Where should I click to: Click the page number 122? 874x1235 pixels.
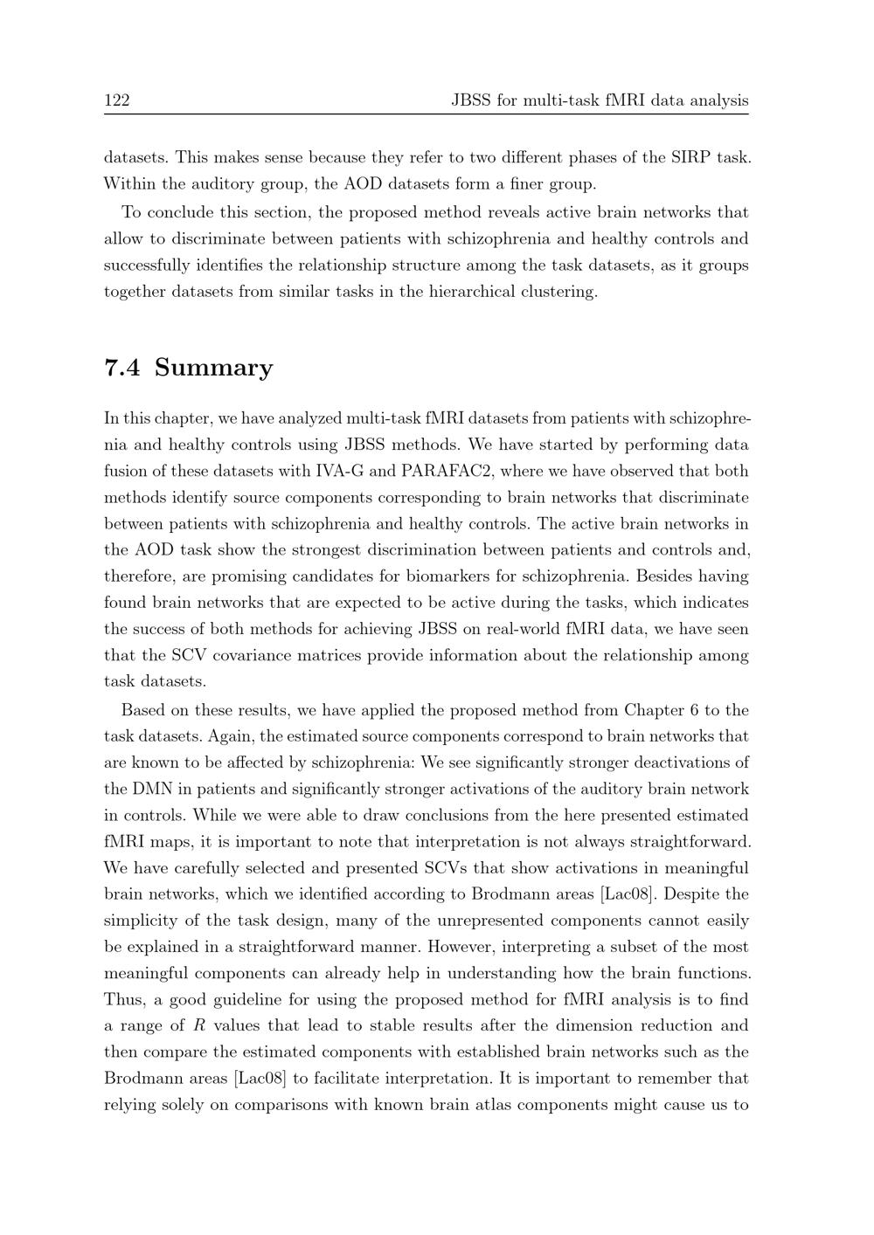[116, 100]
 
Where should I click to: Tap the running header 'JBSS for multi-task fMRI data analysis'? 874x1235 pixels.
[600, 100]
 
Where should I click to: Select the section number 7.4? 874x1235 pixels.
[121, 368]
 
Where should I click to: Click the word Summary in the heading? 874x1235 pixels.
[214, 368]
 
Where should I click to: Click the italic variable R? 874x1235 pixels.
[198, 1025]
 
